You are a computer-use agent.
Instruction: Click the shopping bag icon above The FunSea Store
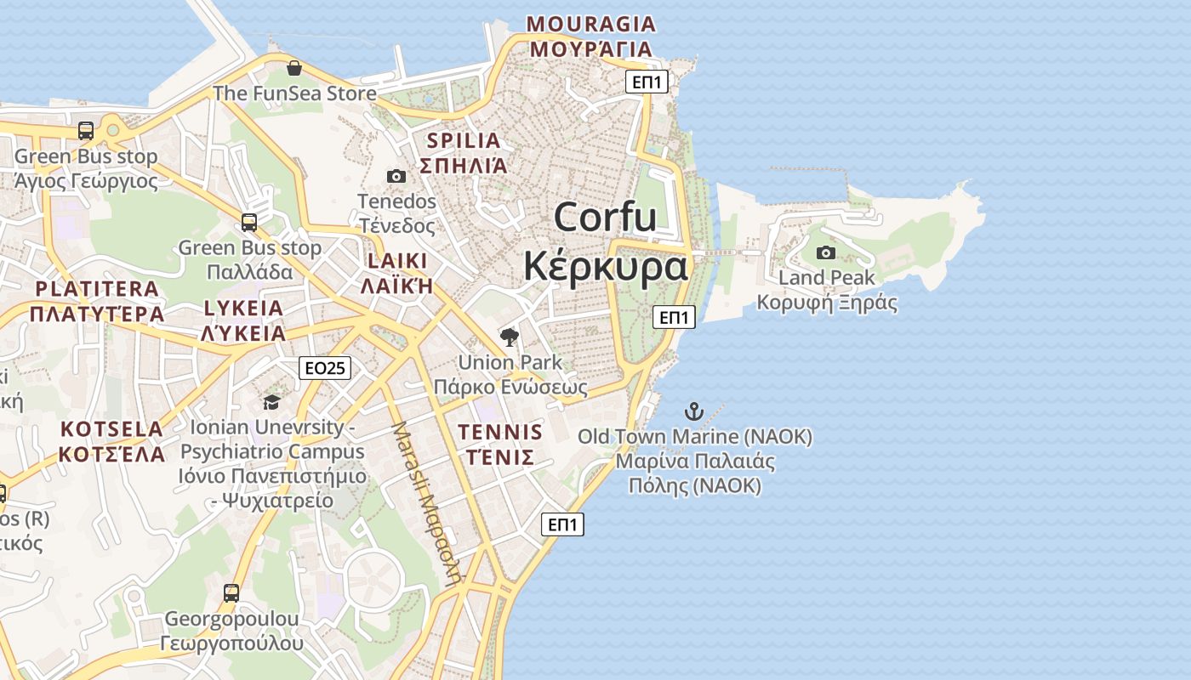click(x=294, y=68)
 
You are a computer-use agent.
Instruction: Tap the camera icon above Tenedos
click(x=396, y=176)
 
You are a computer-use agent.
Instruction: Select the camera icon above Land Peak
click(x=825, y=252)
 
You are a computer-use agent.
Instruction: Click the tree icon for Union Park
click(x=510, y=337)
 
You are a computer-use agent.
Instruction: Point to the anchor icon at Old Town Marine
click(x=695, y=412)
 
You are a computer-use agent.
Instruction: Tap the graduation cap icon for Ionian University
click(x=271, y=401)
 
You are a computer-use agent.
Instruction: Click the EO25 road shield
click(x=325, y=367)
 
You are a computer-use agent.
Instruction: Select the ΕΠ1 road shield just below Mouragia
click(x=647, y=82)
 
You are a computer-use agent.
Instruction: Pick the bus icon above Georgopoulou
click(x=231, y=592)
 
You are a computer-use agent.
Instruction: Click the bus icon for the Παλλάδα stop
click(x=249, y=223)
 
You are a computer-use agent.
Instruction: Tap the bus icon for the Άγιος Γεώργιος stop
click(x=86, y=131)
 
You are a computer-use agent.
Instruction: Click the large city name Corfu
click(x=605, y=218)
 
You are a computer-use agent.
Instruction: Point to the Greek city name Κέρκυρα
click(x=605, y=266)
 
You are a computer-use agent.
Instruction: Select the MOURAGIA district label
click(x=591, y=24)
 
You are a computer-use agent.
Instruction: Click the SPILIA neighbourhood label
click(x=464, y=140)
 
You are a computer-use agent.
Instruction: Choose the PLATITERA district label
click(x=97, y=289)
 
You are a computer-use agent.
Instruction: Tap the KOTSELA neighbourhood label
click(x=111, y=428)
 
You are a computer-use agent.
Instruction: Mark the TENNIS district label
click(x=500, y=432)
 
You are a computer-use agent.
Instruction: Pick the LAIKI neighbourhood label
click(x=397, y=261)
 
